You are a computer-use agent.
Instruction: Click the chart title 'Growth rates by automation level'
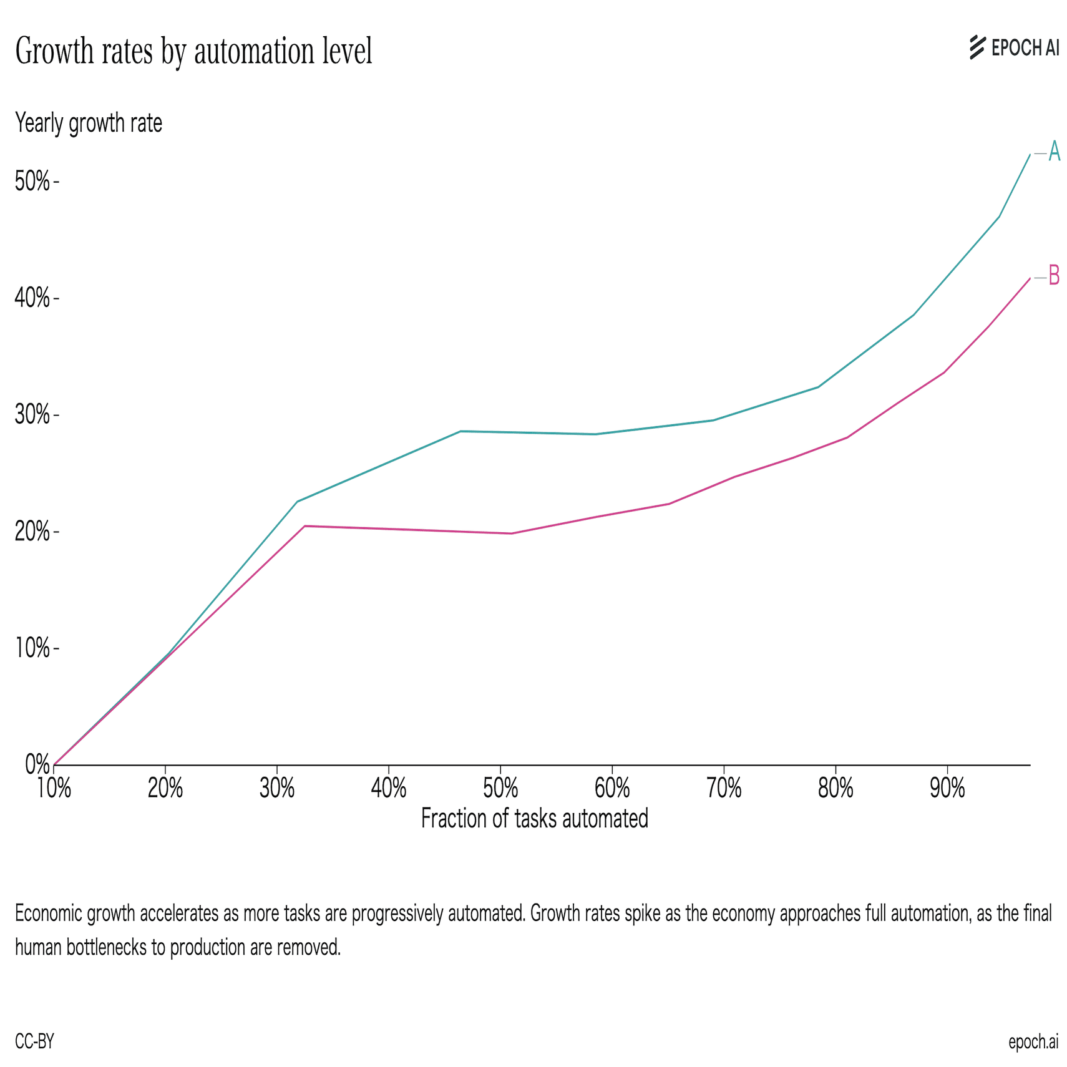193,51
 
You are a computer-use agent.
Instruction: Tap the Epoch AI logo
1014,47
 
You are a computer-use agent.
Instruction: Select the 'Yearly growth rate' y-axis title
89,123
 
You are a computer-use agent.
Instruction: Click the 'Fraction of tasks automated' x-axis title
534,818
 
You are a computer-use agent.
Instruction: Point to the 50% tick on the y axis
32,182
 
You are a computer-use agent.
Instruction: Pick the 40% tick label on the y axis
32,298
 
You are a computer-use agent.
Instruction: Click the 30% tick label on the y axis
32,415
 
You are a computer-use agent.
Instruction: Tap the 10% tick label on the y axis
32,648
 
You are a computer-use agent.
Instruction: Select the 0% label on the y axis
37,764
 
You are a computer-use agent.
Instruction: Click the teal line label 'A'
1054,152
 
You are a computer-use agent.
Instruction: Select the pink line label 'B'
1054,276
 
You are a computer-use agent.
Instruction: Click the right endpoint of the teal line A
1030,154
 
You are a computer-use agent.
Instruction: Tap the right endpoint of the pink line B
1030,278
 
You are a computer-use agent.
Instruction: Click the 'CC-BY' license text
34,1041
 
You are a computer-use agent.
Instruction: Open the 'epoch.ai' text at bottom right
1033,1041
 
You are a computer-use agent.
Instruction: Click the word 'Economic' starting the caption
49,914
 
